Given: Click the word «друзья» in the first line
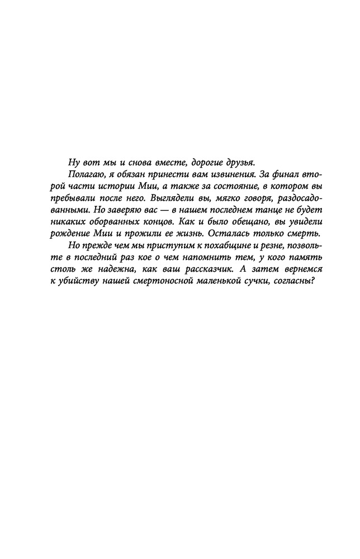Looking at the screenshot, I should click(x=237, y=163).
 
